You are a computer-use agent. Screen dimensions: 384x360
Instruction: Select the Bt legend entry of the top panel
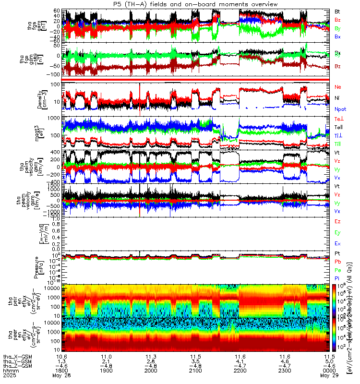tap(337, 11)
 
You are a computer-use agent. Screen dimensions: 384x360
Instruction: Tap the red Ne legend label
tap(338, 87)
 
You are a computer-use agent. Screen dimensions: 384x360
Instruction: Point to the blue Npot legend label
tap(340, 109)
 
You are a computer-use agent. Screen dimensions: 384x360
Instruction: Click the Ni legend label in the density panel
tap(337, 98)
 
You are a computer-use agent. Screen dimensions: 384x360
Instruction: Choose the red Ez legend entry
tap(337, 222)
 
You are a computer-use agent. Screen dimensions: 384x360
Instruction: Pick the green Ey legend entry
tap(337, 233)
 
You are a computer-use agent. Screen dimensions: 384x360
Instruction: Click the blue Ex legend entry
tap(337, 244)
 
